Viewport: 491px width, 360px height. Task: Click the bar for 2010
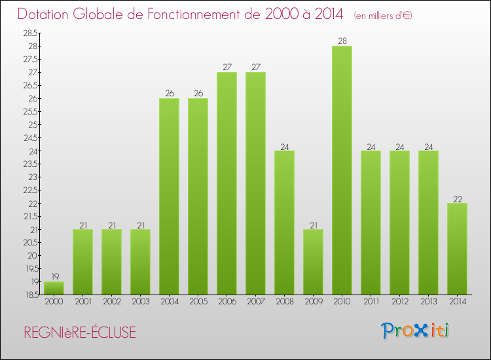point(342,170)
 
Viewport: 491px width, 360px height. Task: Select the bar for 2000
point(54,288)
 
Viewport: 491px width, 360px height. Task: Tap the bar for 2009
point(313,262)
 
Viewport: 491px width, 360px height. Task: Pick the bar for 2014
point(457,249)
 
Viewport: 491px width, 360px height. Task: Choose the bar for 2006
point(227,183)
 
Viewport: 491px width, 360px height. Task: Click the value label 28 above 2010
point(342,41)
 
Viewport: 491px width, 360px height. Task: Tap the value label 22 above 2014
point(457,198)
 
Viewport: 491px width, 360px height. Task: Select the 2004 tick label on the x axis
point(169,302)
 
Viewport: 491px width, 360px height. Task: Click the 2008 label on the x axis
point(284,302)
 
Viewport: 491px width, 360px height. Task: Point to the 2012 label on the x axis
point(399,302)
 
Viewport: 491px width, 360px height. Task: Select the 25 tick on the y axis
point(32,124)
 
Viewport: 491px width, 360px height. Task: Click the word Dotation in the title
point(46,14)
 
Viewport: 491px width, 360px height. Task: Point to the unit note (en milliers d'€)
point(383,15)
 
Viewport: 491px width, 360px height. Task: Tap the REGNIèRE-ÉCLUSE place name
point(80,333)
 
